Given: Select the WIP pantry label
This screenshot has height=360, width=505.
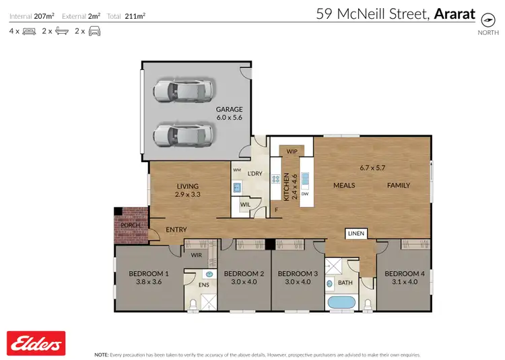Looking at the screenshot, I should (292, 151).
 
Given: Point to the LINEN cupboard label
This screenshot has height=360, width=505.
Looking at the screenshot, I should (356, 233).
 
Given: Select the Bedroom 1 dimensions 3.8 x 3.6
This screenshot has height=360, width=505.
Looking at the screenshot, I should (148, 283).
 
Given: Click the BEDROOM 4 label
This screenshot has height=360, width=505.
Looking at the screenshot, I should (405, 273).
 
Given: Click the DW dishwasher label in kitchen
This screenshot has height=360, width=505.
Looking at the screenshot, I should (305, 194).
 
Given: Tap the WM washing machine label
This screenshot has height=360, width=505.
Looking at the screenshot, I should (237, 170).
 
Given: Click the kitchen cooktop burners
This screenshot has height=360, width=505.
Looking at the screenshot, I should (275, 180).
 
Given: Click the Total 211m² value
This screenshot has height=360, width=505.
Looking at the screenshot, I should (135, 15).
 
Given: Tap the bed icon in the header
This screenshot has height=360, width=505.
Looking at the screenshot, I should (29, 31).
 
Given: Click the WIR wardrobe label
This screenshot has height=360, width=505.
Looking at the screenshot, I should (197, 255).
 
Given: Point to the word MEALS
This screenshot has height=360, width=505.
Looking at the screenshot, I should (345, 184).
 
